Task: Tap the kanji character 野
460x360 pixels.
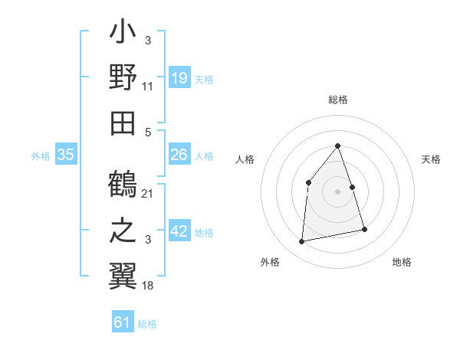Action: pos(123,78)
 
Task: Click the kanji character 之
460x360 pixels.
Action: pos(123,230)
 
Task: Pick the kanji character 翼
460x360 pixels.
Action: pos(123,273)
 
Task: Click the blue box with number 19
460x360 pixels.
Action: pos(179,78)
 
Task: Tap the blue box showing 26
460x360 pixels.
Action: pos(179,155)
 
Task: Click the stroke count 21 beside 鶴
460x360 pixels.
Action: pos(148,193)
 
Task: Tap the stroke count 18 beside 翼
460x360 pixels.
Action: pos(148,285)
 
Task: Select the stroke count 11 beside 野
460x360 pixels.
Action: pos(148,87)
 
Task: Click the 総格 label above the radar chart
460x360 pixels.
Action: pos(337,100)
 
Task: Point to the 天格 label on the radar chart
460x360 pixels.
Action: pos(432,159)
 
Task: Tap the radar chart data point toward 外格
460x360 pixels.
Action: pos(302,242)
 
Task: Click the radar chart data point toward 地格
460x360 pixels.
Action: pos(364,229)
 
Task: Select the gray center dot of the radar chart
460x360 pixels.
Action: pos(337,191)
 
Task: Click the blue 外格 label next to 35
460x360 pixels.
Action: pos(41,156)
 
